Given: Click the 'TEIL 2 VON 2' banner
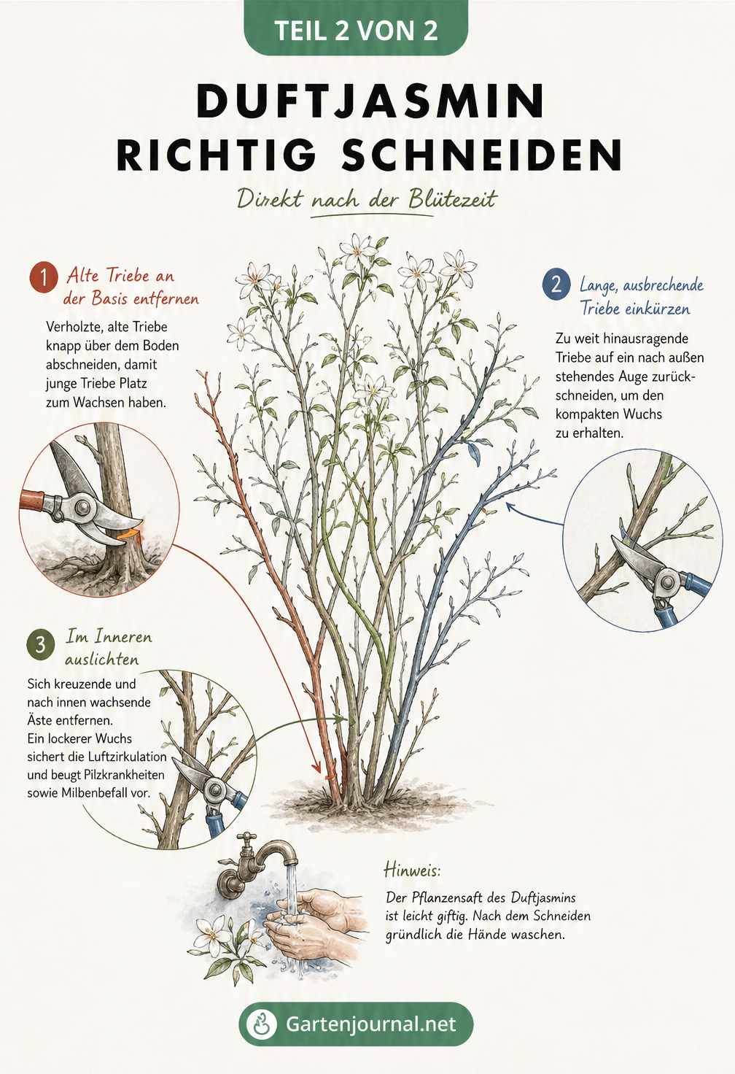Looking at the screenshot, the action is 356,27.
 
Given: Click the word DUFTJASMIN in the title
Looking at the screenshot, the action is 371,101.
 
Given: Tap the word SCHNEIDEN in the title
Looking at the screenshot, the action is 482,155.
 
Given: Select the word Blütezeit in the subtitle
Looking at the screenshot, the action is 452,199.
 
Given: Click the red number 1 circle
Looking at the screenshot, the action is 43,277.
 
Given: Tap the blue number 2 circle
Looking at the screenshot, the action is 556,285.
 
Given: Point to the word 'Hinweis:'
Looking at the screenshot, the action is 412,870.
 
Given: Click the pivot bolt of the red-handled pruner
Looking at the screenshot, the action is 84,506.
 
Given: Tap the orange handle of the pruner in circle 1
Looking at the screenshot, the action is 31,500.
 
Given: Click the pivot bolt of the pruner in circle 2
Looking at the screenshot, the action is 666,582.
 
